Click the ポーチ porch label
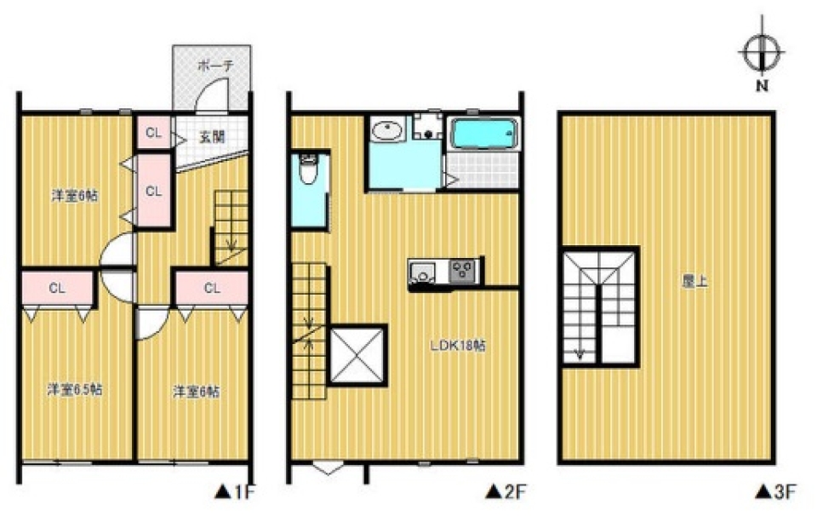(x=215, y=66)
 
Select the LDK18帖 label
(x=458, y=345)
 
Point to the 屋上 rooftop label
(x=694, y=282)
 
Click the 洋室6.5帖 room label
(x=75, y=389)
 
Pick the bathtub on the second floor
(x=484, y=134)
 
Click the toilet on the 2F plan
(x=308, y=170)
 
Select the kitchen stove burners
(x=462, y=271)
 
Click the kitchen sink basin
(x=423, y=272)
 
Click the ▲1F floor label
(x=236, y=492)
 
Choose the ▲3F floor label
(x=776, y=492)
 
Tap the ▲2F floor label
(x=506, y=492)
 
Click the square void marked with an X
(x=357, y=355)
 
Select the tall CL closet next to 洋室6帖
(x=153, y=191)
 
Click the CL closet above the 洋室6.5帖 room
(x=57, y=288)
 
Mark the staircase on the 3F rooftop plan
(x=601, y=307)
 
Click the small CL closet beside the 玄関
(x=153, y=132)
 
